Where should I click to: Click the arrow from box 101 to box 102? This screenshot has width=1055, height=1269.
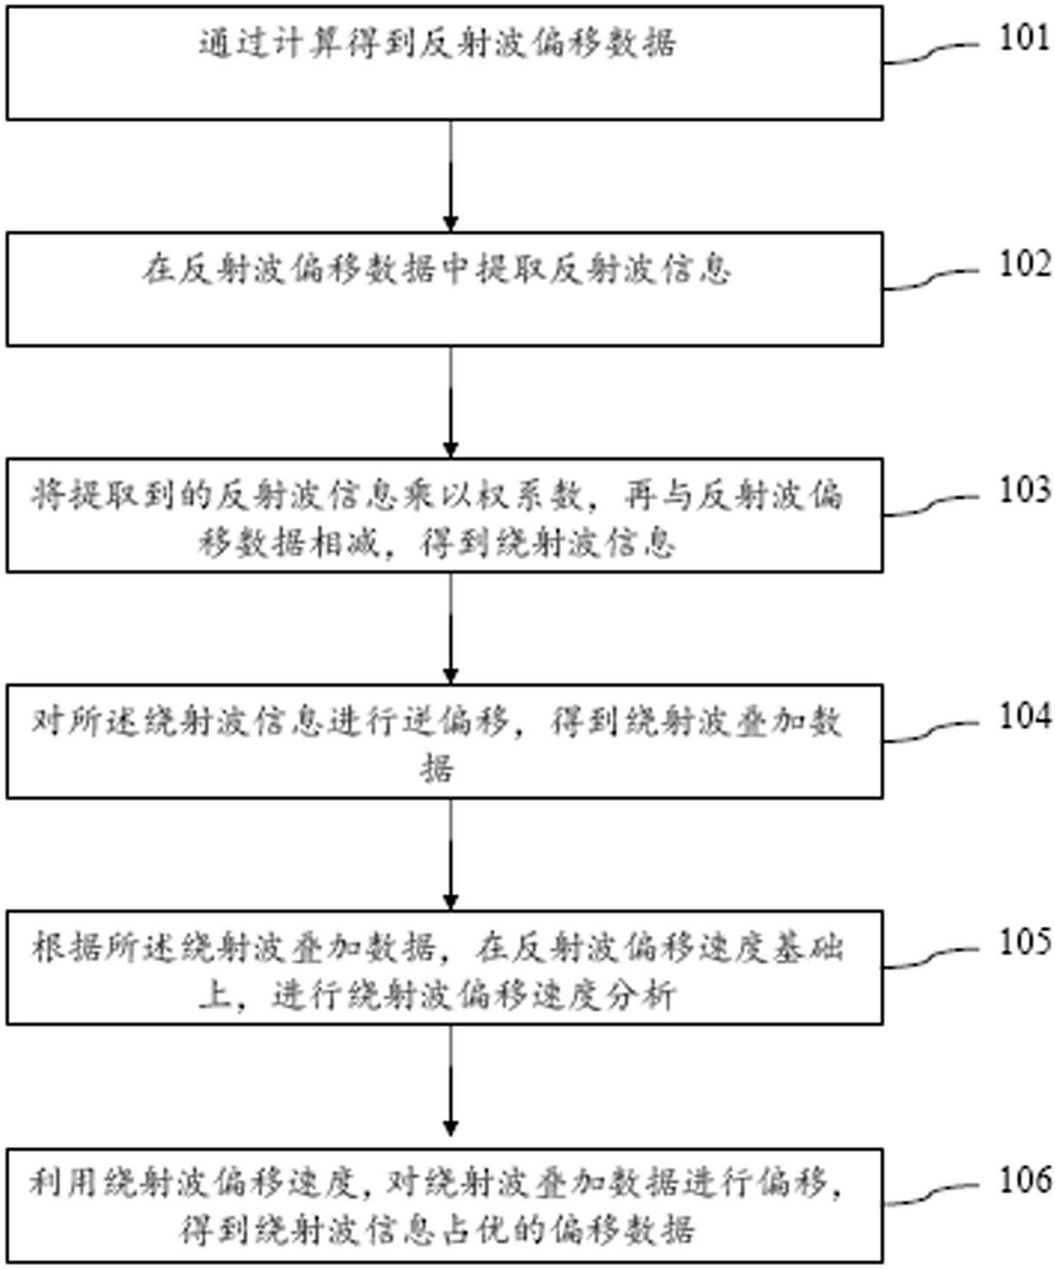450,176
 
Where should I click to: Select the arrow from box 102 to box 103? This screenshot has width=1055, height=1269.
450,402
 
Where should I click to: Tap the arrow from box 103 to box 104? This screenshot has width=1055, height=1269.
450,627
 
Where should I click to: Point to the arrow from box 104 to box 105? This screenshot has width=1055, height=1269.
450,854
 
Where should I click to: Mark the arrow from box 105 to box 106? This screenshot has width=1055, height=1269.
450,1086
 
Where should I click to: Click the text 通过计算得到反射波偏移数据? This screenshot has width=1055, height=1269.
437,43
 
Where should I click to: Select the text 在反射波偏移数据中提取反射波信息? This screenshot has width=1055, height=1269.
437,270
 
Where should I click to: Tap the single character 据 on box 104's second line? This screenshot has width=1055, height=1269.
437,768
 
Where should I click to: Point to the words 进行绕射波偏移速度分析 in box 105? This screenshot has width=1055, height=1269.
473,996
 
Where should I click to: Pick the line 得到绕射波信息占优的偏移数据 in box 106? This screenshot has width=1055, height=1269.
437,1228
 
